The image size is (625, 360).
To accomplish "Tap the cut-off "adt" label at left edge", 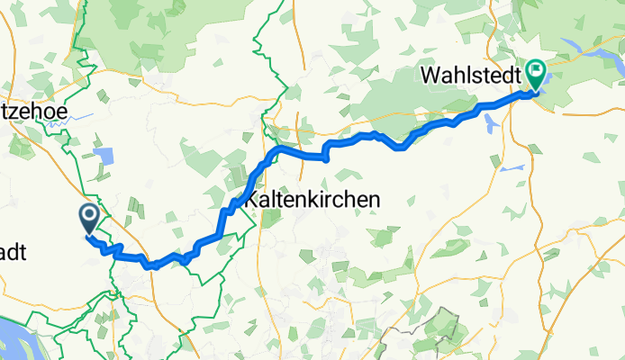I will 13,253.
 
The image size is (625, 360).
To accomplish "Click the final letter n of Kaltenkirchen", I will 372,199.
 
